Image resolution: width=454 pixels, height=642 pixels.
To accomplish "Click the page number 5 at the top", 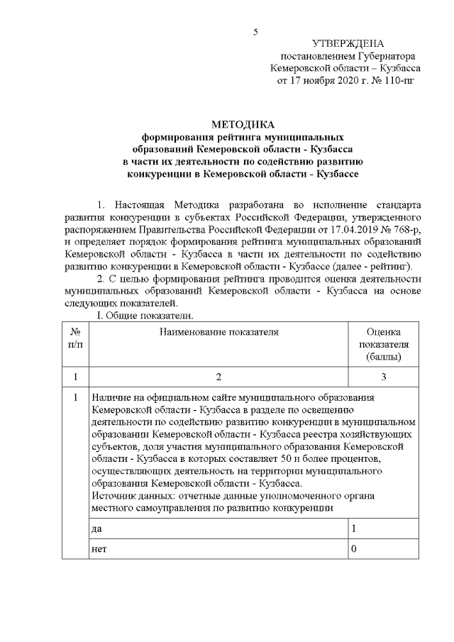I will tap(256, 31).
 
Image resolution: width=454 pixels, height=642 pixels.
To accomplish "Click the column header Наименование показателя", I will tap(218, 331).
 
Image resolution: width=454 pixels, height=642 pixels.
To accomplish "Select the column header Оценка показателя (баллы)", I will tap(384, 344).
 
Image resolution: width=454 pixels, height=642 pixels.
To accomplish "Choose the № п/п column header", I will tap(75, 338).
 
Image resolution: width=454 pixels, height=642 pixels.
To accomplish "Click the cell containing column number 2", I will tap(218, 377).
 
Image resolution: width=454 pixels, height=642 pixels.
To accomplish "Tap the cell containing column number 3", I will tap(384, 377).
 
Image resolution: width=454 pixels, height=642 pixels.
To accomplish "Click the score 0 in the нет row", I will tap(354, 550).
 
